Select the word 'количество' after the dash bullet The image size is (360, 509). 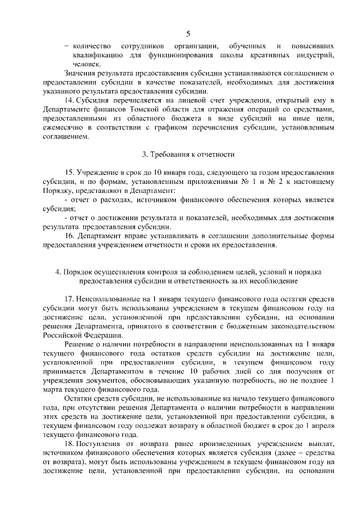pyautogui.click(x=92, y=45)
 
